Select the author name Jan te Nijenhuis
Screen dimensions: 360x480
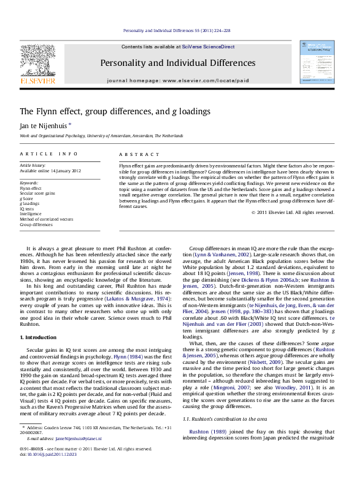pos(41,125)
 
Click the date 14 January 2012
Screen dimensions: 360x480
pos(64,170)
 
